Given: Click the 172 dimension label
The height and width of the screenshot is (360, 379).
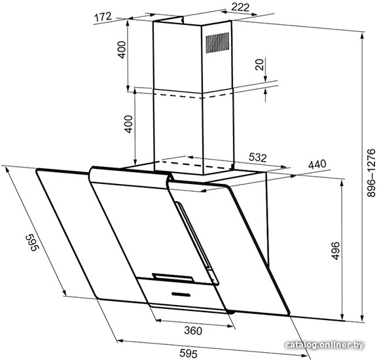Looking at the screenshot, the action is click(x=103, y=17).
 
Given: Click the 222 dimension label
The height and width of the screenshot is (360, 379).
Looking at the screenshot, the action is click(x=240, y=7).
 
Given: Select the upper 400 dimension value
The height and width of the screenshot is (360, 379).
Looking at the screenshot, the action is click(x=122, y=50).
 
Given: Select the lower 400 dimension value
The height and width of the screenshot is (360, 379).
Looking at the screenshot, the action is click(x=128, y=124).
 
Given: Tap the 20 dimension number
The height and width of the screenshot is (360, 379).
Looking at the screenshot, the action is click(x=259, y=65).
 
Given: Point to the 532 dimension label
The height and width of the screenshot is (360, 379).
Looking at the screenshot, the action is click(x=258, y=157).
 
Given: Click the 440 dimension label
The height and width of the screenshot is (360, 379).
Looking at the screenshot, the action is click(x=317, y=164).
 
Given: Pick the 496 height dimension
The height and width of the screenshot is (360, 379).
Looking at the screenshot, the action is click(x=336, y=251).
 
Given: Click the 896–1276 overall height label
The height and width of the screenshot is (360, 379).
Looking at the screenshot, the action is click(x=370, y=173).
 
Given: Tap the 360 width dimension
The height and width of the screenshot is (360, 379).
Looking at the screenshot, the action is click(x=193, y=331).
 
